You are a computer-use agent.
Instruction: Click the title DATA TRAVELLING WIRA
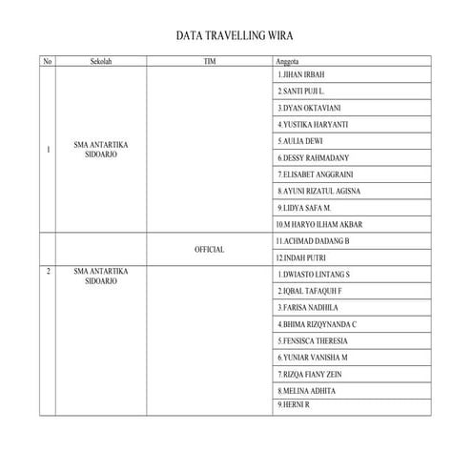pyautogui.click(x=236, y=36)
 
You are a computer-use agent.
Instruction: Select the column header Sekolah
pyautogui.click(x=101, y=61)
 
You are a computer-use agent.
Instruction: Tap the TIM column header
pyautogui.click(x=210, y=61)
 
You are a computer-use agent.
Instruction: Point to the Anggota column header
pyautogui.click(x=287, y=61)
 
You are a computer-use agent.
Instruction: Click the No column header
pyautogui.click(x=48, y=61)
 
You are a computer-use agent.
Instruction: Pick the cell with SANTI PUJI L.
pyautogui.click(x=303, y=91)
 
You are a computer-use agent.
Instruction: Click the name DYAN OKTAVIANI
pyautogui.click(x=309, y=108)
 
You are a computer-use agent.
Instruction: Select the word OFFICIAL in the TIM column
pyautogui.click(x=210, y=249)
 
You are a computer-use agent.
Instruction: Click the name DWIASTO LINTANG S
pyautogui.click(x=314, y=275)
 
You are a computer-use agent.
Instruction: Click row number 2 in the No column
pyautogui.click(x=49, y=272)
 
